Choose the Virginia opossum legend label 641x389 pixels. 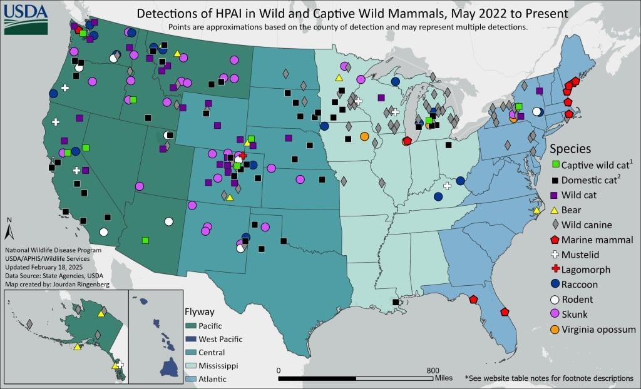pyautogui.click(x=598, y=330)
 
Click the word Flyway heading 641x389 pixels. pyautogui.click(x=200, y=311)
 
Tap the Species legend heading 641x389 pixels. pyautogui.click(x=570, y=149)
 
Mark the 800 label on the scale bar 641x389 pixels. pyautogui.click(x=433, y=370)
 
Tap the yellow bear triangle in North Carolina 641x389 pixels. pyautogui.click(x=536, y=211)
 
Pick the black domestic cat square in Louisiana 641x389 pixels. pyautogui.click(x=395, y=302)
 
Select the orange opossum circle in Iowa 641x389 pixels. pyautogui.click(x=364, y=136)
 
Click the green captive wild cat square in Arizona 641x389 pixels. pyautogui.click(x=145, y=240)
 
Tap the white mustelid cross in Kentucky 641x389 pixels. pyautogui.click(x=447, y=185)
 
